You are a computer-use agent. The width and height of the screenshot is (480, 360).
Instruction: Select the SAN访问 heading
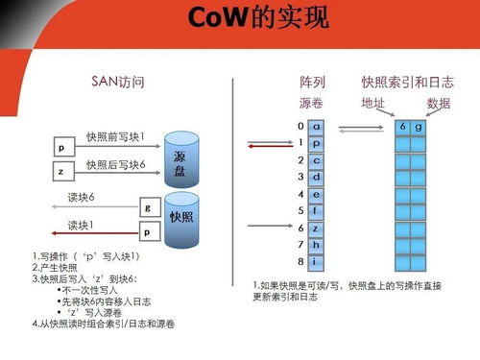(115, 83)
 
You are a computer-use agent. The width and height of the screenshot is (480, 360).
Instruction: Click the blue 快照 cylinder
(180, 218)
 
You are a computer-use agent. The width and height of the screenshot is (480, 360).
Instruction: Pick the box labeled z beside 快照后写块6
(60, 170)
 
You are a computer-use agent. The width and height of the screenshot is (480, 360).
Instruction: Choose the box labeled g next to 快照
(147, 207)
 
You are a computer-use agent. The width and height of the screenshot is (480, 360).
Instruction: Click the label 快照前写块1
(115, 138)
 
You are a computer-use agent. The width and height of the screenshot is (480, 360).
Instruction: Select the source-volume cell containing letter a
(317, 126)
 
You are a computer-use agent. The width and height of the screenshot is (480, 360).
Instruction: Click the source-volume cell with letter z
(317, 228)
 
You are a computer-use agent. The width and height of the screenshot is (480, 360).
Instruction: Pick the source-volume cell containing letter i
(317, 261)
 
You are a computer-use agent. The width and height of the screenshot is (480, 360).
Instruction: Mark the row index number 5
(300, 210)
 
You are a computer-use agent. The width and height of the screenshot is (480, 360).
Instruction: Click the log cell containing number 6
(403, 127)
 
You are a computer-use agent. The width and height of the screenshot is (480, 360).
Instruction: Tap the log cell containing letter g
(418, 127)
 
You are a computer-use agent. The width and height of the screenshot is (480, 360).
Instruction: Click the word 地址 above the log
(372, 102)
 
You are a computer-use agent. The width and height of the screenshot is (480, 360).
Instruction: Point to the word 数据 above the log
(439, 102)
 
